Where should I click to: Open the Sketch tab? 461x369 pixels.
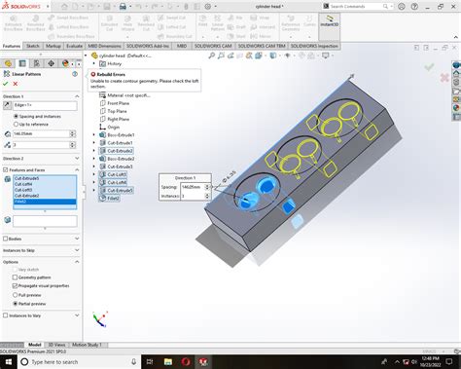coord(33,46)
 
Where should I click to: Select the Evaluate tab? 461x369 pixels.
coord(74,46)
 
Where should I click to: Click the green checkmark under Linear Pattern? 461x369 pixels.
coord(5,83)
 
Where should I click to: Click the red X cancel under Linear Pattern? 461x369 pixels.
coord(16,83)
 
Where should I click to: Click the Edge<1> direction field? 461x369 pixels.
coord(44,104)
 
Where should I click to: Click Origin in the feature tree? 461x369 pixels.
coord(114,126)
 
